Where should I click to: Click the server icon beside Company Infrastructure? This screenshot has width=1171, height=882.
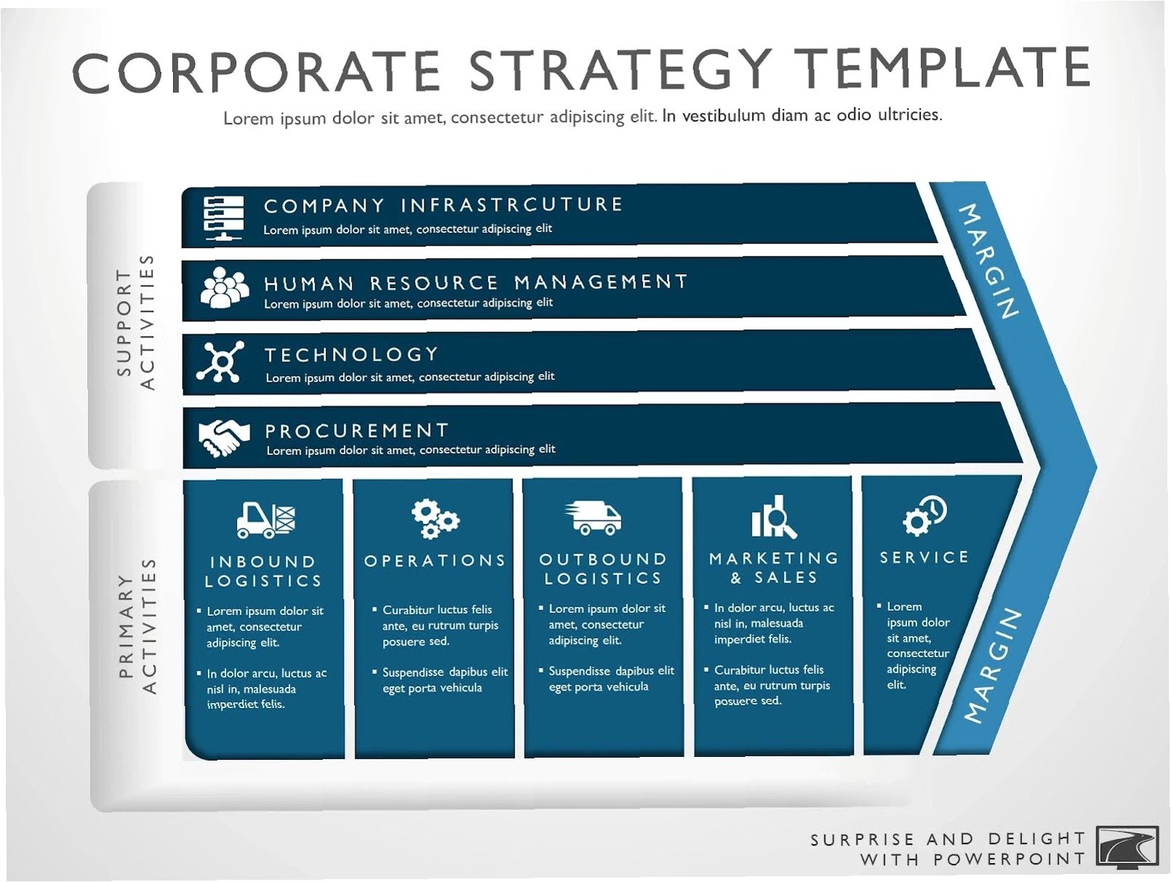223,217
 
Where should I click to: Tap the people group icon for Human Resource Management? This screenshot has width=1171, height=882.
224,288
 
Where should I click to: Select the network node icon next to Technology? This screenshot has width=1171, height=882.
220,361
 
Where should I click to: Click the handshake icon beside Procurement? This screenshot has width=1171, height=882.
223,438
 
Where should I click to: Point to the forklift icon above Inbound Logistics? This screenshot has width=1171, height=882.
266,519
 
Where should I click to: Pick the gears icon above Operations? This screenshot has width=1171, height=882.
435,518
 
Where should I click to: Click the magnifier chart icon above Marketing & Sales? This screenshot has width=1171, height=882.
773,516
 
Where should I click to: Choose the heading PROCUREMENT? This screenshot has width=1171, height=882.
356,430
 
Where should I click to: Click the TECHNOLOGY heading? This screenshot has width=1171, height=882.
352,354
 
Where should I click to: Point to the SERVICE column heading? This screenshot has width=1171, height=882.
924,557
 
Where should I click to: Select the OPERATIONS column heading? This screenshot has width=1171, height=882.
435,560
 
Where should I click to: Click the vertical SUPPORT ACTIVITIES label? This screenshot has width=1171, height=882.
136,322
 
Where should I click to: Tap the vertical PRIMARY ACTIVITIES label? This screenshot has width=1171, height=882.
137,626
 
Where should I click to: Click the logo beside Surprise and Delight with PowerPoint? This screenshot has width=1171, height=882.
1127,848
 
